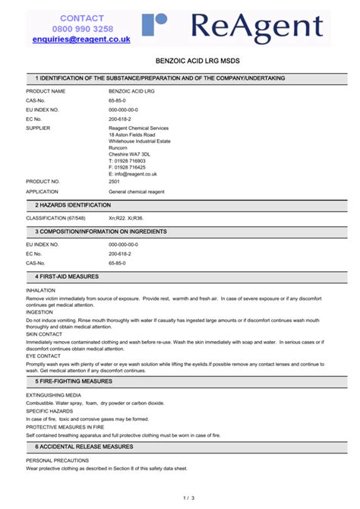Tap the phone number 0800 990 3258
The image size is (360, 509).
[x=82, y=29]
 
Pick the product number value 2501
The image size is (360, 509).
[x=115, y=182]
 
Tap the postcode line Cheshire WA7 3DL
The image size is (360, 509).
[x=130, y=153]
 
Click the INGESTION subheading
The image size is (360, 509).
[x=39, y=312]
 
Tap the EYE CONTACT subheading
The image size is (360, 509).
[x=43, y=356]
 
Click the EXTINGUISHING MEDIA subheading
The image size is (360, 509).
[x=53, y=396]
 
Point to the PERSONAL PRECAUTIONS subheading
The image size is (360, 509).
[x=55, y=461]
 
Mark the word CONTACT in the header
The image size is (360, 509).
[x=82, y=18]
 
